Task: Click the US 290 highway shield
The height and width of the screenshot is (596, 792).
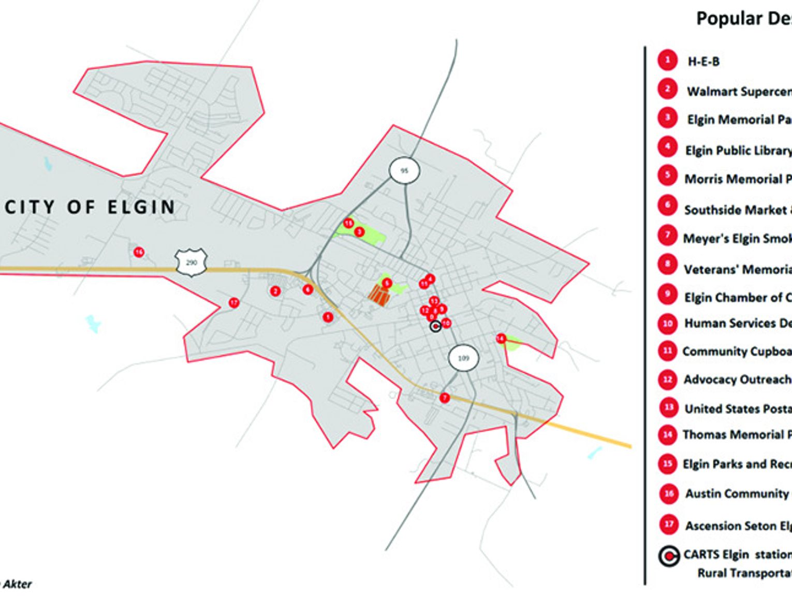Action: [192, 263]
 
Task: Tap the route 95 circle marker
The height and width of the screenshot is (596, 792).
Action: [404, 170]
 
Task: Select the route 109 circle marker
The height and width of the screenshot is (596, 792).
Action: [463, 358]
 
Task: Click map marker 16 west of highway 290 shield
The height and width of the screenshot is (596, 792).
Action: [139, 252]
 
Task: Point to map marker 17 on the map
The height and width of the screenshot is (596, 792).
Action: [234, 302]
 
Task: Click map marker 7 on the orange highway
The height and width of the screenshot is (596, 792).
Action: [444, 398]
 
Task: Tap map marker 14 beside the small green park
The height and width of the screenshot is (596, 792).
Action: [501, 339]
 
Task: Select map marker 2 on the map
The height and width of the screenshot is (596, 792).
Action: [275, 291]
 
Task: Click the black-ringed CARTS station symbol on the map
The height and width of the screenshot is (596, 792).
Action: [436, 326]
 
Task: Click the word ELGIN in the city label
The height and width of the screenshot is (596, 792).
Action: [141, 207]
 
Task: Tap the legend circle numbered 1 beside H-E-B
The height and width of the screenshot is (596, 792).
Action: [667, 60]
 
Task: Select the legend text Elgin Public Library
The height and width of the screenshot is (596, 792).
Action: [738, 150]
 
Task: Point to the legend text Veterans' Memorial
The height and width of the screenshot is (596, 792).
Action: [738, 269]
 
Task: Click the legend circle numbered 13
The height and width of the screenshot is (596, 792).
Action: [668, 408]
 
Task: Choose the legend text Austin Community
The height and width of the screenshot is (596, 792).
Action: [737, 493]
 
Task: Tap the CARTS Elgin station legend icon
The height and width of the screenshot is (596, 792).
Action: [669, 556]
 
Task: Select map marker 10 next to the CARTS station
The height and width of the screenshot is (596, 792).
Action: [446, 323]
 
